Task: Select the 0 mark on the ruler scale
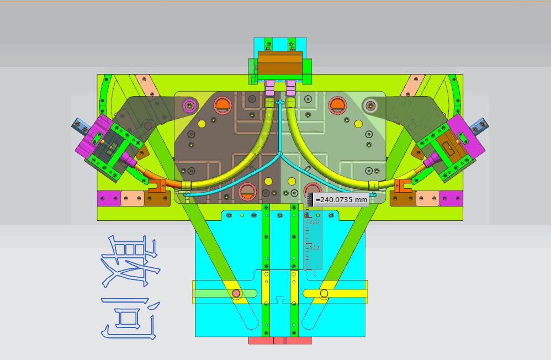[x=315, y=273]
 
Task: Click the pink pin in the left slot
[x=236, y=293]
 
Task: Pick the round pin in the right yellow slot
[x=324, y=293]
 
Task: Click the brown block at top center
[x=280, y=63]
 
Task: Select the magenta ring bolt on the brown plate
[x=190, y=105]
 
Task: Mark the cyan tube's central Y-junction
[x=280, y=153]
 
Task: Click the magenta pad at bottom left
[x=108, y=198]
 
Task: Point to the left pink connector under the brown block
[x=269, y=87]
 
